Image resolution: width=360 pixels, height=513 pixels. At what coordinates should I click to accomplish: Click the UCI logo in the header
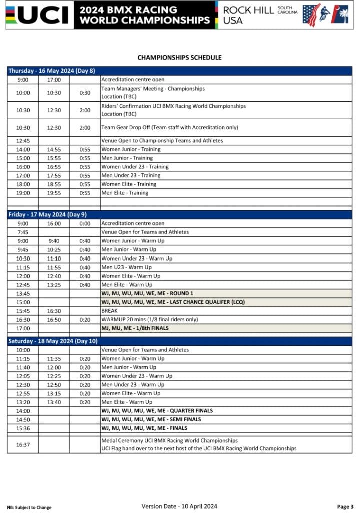38,15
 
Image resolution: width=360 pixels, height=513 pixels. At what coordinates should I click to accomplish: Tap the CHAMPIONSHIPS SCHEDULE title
179,58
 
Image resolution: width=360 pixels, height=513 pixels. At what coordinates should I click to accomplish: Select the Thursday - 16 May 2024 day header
52,71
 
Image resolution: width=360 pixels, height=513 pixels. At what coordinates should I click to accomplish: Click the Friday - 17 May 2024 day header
47,214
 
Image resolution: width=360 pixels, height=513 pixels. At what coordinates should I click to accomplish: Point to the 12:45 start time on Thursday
23,141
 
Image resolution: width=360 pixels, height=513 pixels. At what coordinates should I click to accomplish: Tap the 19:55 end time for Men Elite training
54,193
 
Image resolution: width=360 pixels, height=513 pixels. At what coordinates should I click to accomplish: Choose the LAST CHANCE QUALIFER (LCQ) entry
173,302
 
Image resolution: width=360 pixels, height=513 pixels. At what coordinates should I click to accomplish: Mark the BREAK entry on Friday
109,311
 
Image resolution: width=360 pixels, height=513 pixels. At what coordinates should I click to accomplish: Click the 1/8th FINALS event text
135,328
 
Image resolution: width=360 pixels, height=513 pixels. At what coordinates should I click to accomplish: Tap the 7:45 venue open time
23,232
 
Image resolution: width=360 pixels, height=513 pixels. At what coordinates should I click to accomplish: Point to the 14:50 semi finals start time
23,419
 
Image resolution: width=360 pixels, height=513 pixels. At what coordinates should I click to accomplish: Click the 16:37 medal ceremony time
23,444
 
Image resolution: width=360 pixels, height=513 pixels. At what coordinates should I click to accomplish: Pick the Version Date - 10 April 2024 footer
179,506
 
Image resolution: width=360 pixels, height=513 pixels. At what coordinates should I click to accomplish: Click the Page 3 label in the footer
345,507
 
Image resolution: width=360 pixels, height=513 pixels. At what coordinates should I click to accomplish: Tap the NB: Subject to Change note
29,507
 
